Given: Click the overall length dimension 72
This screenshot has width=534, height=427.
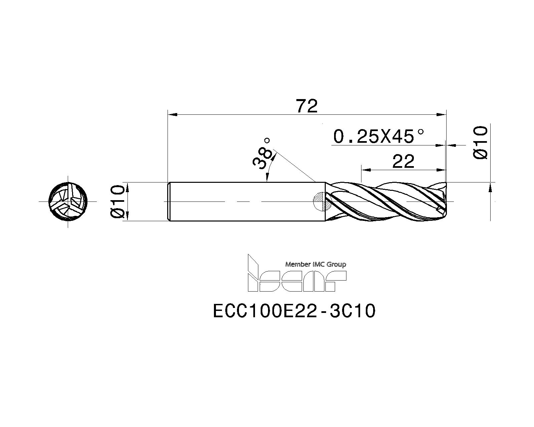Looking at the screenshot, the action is (x=307, y=106).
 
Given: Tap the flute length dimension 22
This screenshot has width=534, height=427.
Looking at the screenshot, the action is (x=403, y=161).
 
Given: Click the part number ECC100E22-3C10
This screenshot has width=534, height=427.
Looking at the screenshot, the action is (x=294, y=311).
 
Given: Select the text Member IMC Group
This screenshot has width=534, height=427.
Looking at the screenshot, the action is (x=316, y=265).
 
